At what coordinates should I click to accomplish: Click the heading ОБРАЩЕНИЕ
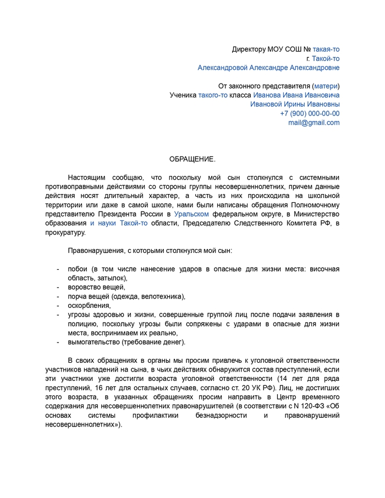tap(192, 159)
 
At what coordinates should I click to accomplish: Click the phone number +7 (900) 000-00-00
tap(309, 113)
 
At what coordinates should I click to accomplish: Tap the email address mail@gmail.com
tap(313, 123)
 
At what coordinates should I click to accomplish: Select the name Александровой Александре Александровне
tap(268, 68)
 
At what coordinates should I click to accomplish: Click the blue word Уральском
tap(191, 214)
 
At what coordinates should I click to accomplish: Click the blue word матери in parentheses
tap(326, 86)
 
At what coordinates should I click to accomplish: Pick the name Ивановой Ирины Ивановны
tap(295, 104)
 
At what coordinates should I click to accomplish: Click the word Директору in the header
tap(249, 49)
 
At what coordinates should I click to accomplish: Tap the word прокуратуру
tap(65, 233)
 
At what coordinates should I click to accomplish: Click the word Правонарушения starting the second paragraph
tap(96, 251)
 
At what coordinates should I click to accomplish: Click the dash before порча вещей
tap(58, 296)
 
